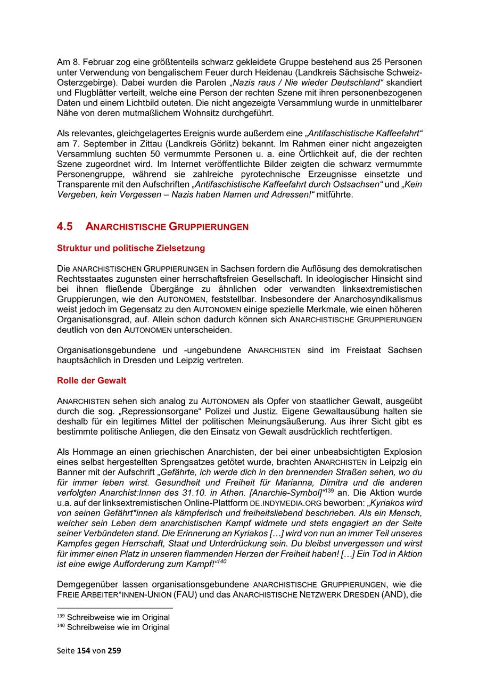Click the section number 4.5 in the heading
click(x=64, y=226)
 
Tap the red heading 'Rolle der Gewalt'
click(x=91, y=381)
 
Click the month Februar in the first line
click(x=95, y=63)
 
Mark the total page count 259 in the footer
click(x=114, y=650)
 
